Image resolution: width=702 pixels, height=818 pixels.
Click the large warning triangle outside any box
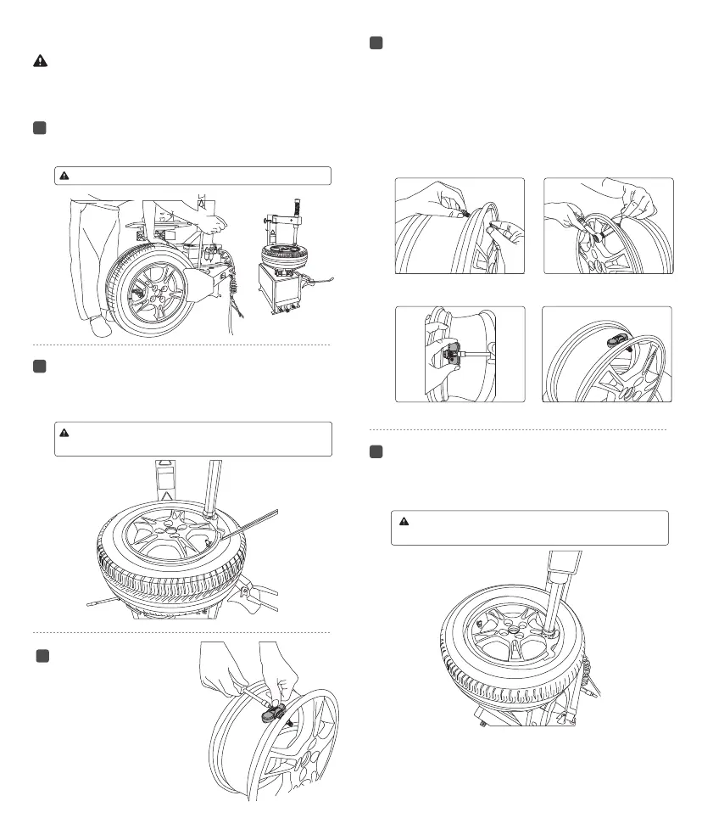(x=40, y=61)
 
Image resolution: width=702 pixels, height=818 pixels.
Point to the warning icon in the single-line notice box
(x=64, y=176)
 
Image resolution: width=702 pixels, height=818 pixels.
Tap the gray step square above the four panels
(x=376, y=44)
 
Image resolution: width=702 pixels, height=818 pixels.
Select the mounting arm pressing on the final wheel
(x=557, y=585)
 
